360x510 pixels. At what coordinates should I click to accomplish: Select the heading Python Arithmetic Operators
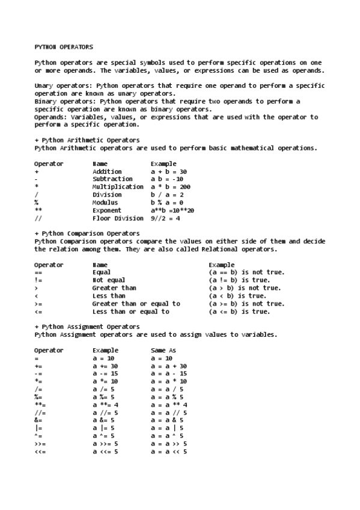point(87,140)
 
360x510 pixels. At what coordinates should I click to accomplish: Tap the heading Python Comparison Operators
point(87,233)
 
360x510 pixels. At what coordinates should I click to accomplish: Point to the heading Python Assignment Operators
point(87,327)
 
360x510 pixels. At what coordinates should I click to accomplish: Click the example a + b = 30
point(169,171)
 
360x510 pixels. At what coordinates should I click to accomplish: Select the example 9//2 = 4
point(165,218)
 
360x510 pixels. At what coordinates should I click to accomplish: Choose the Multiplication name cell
point(118,187)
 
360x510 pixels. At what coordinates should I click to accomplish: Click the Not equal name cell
point(109,280)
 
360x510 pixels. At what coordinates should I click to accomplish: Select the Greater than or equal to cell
point(136,304)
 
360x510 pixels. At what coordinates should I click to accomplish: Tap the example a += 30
point(105,366)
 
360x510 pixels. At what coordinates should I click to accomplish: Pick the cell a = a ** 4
point(169,405)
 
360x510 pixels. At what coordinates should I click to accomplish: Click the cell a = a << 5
point(169,452)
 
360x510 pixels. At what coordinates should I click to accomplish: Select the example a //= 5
point(105,413)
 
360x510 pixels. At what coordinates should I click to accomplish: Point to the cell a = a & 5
point(167,420)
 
